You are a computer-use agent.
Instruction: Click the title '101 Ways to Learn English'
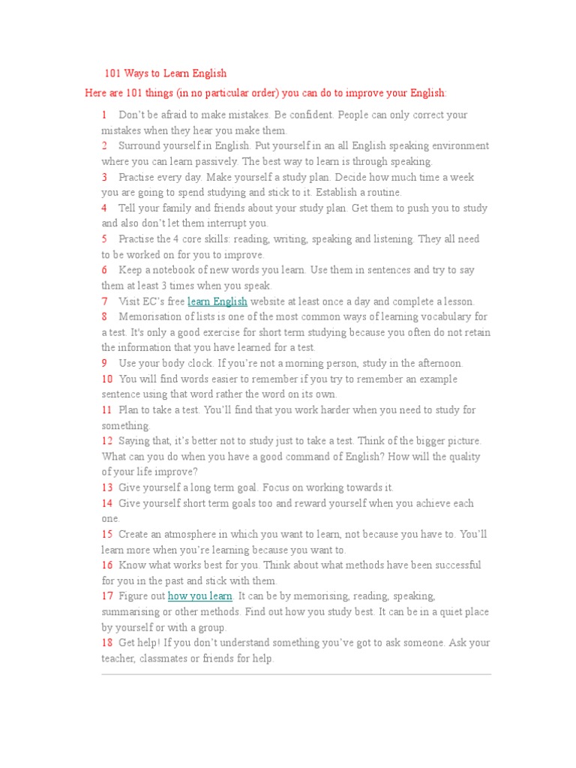click(x=165, y=73)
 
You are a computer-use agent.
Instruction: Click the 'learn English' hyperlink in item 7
click(x=217, y=301)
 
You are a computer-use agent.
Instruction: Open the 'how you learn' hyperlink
click(x=200, y=596)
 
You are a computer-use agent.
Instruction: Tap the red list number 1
click(x=104, y=115)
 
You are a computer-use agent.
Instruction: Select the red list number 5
click(x=104, y=239)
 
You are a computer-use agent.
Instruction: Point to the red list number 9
click(x=104, y=364)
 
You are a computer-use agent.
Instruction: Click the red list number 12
click(x=107, y=441)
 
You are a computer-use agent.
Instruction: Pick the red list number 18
click(x=107, y=643)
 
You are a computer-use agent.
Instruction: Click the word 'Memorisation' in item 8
click(x=151, y=317)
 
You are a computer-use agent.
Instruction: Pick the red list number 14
click(x=107, y=503)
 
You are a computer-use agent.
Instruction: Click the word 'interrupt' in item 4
click(x=223, y=223)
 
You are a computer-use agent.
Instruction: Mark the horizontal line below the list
click(x=296, y=674)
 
